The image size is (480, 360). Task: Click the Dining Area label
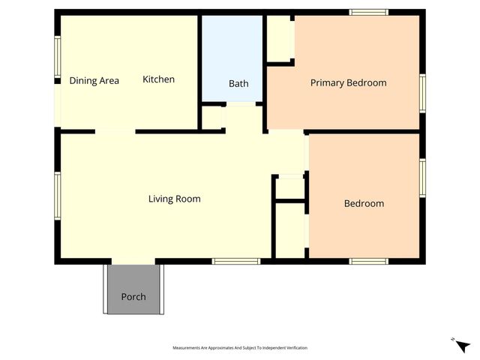(x=94, y=80)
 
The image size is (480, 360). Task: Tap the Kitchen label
(x=158, y=79)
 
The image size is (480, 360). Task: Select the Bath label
(x=238, y=83)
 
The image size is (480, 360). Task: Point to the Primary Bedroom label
(x=348, y=82)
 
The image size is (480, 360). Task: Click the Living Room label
(x=174, y=199)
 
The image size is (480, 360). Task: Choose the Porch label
(x=133, y=296)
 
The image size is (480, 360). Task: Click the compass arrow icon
(x=462, y=345)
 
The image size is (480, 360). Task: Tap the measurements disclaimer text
(x=240, y=348)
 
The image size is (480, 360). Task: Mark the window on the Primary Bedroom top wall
(x=369, y=12)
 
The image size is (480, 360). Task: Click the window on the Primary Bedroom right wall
(x=422, y=93)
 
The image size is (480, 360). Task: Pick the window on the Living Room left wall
(x=57, y=196)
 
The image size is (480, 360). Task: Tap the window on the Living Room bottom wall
(x=235, y=261)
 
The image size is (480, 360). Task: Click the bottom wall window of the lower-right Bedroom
(x=368, y=261)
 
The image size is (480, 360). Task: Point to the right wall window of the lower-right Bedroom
(x=422, y=178)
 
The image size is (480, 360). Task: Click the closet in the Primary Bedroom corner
(x=280, y=37)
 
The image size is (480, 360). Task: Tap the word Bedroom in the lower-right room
(x=364, y=203)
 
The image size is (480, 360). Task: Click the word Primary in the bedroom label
(x=328, y=82)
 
